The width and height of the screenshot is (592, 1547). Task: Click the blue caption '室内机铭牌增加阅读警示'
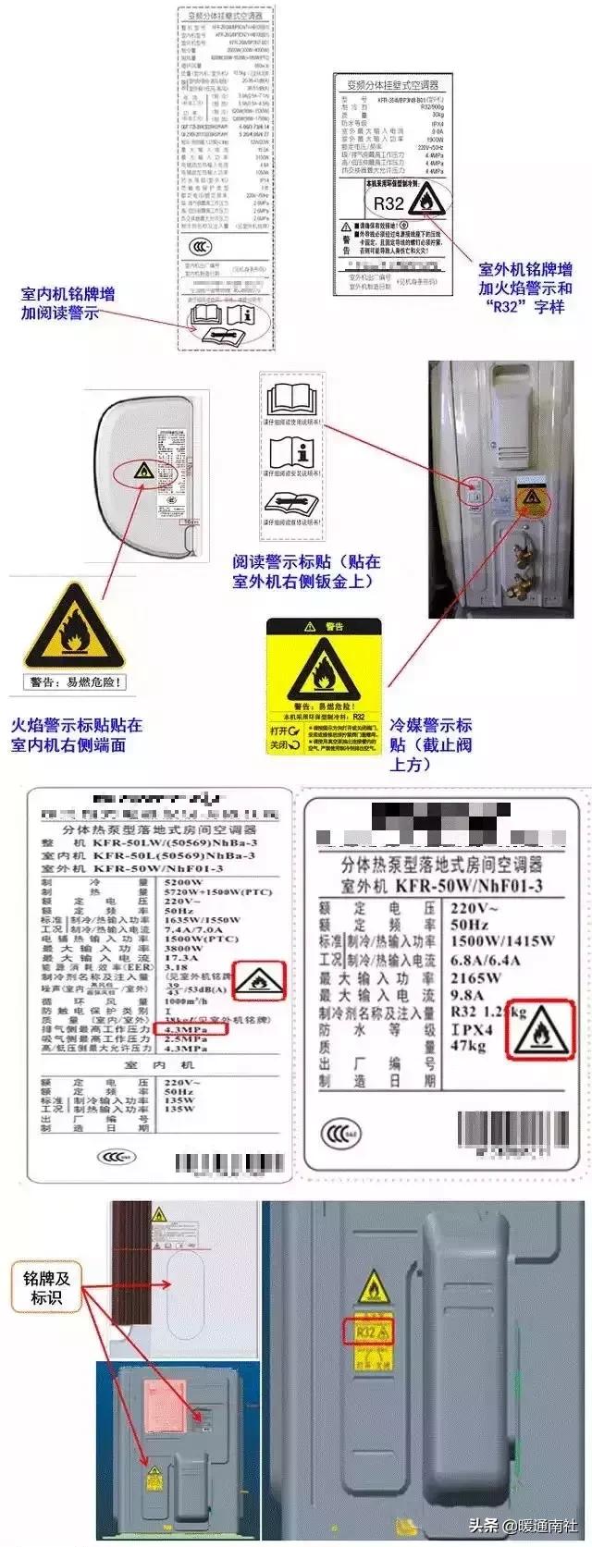(x=68, y=303)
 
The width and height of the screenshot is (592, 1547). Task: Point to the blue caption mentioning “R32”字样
(x=524, y=288)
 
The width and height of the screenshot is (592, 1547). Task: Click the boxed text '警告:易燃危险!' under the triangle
(x=75, y=683)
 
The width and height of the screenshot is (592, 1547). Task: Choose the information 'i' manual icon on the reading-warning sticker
(x=292, y=452)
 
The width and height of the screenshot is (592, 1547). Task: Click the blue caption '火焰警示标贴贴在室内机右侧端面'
(x=76, y=735)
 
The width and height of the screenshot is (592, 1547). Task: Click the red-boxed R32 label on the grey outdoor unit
(x=369, y=1332)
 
